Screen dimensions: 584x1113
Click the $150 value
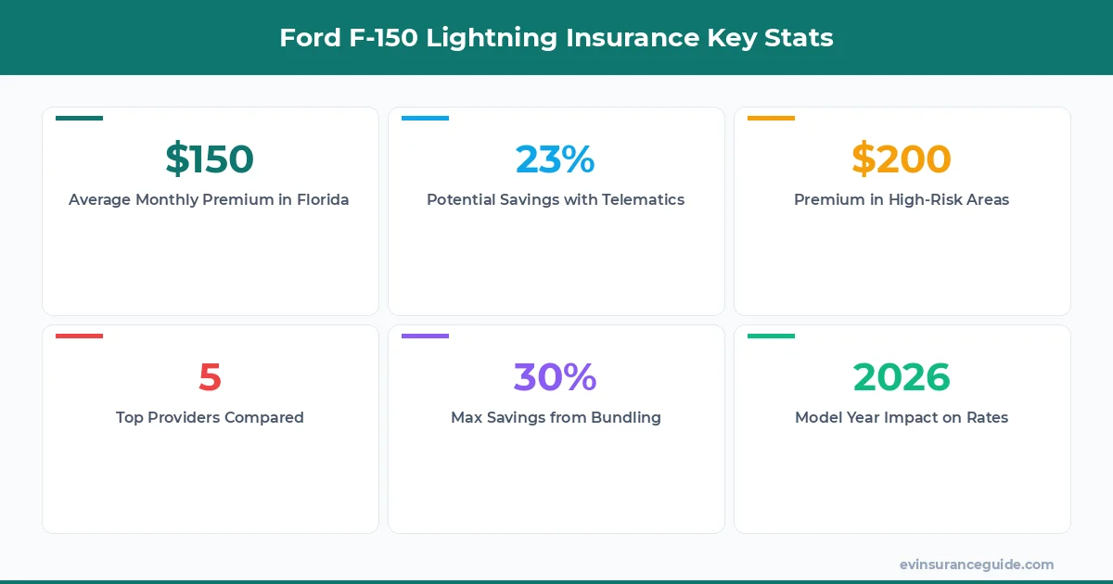click(210, 159)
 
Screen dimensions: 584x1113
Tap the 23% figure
click(555, 159)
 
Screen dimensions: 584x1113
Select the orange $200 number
click(902, 159)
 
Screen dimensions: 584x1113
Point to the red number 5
click(210, 376)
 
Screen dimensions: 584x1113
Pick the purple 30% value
click(555, 376)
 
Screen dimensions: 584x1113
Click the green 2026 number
click(902, 376)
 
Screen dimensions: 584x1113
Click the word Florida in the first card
click(321, 199)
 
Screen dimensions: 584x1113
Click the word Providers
click(191, 417)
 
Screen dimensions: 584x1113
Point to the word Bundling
click(627, 417)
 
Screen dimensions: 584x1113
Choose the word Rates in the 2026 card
click(985, 417)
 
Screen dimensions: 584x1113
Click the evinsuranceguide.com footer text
click(976, 565)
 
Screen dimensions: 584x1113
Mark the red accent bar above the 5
click(79, 336)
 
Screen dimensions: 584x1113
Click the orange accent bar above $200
click(771, 118)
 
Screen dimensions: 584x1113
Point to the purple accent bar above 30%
click(425, 336)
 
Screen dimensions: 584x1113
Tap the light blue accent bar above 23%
click(425, 118)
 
